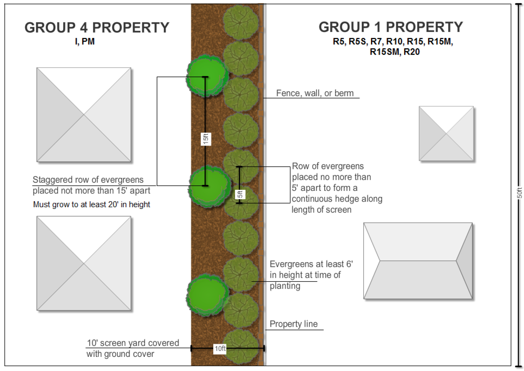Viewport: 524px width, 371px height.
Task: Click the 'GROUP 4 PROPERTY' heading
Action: point(97,28)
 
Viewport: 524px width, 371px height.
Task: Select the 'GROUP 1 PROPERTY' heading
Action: point(391,27)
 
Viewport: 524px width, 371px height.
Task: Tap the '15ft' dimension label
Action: point(206,139)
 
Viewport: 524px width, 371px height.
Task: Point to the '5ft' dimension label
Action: point(240,194)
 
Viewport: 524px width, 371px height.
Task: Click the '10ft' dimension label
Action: point(220,348)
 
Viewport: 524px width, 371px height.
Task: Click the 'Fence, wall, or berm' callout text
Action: point(315,93)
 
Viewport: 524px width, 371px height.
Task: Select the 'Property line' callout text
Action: point(293,324)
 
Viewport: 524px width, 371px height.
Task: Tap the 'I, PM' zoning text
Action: point(85,42)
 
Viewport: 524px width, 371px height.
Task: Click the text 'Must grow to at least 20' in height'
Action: point(91,204)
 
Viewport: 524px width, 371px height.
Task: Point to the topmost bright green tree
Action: point(206,76)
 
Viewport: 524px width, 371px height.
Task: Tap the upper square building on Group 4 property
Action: point(84,115)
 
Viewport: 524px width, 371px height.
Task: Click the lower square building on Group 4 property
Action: point(84,263)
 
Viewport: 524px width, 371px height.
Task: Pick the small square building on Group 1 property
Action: point(446,134)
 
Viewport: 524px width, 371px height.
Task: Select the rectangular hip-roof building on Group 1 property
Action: point(418,261)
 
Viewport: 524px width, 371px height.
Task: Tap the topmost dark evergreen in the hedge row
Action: point(241,22)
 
